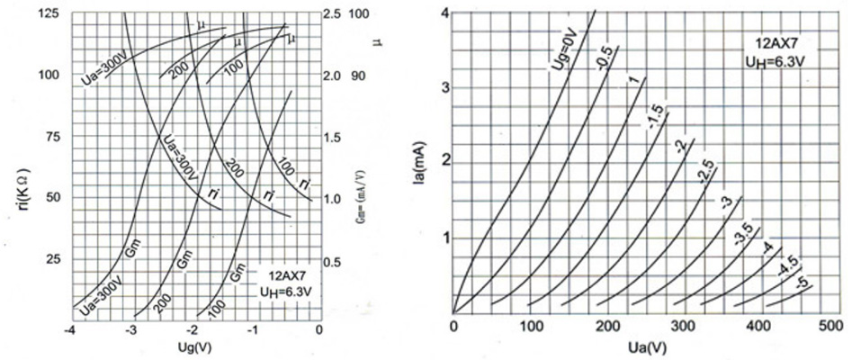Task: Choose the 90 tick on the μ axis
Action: pos(358,76)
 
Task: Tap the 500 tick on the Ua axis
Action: pos(839,326)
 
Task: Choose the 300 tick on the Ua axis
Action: pos(685,326)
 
